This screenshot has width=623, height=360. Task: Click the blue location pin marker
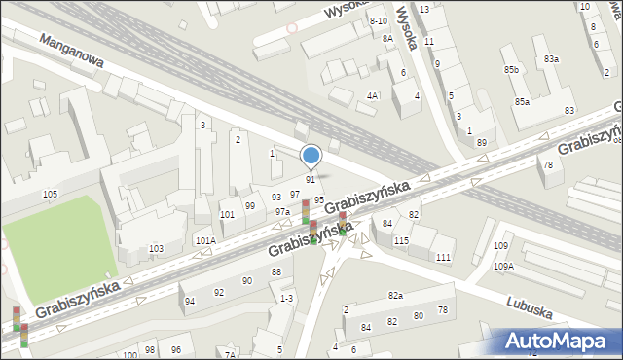311,156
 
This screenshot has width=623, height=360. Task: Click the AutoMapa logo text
559,342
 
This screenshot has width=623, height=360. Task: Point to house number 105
50,195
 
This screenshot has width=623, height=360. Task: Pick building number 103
156,249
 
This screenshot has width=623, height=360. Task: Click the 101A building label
205,240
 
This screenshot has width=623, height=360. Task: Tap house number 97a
282,211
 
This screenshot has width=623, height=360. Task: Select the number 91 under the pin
311,179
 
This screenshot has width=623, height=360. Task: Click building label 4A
372,95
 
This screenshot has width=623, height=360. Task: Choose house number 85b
511,70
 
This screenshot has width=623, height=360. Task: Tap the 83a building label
552,59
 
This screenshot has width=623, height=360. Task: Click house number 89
481,143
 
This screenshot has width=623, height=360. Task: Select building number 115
401,240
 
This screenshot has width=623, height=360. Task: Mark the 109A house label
503,266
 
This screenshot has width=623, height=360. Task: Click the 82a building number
395,295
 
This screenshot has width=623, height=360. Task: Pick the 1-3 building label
285,299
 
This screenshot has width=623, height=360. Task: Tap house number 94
190,301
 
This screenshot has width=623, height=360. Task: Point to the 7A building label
230,354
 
